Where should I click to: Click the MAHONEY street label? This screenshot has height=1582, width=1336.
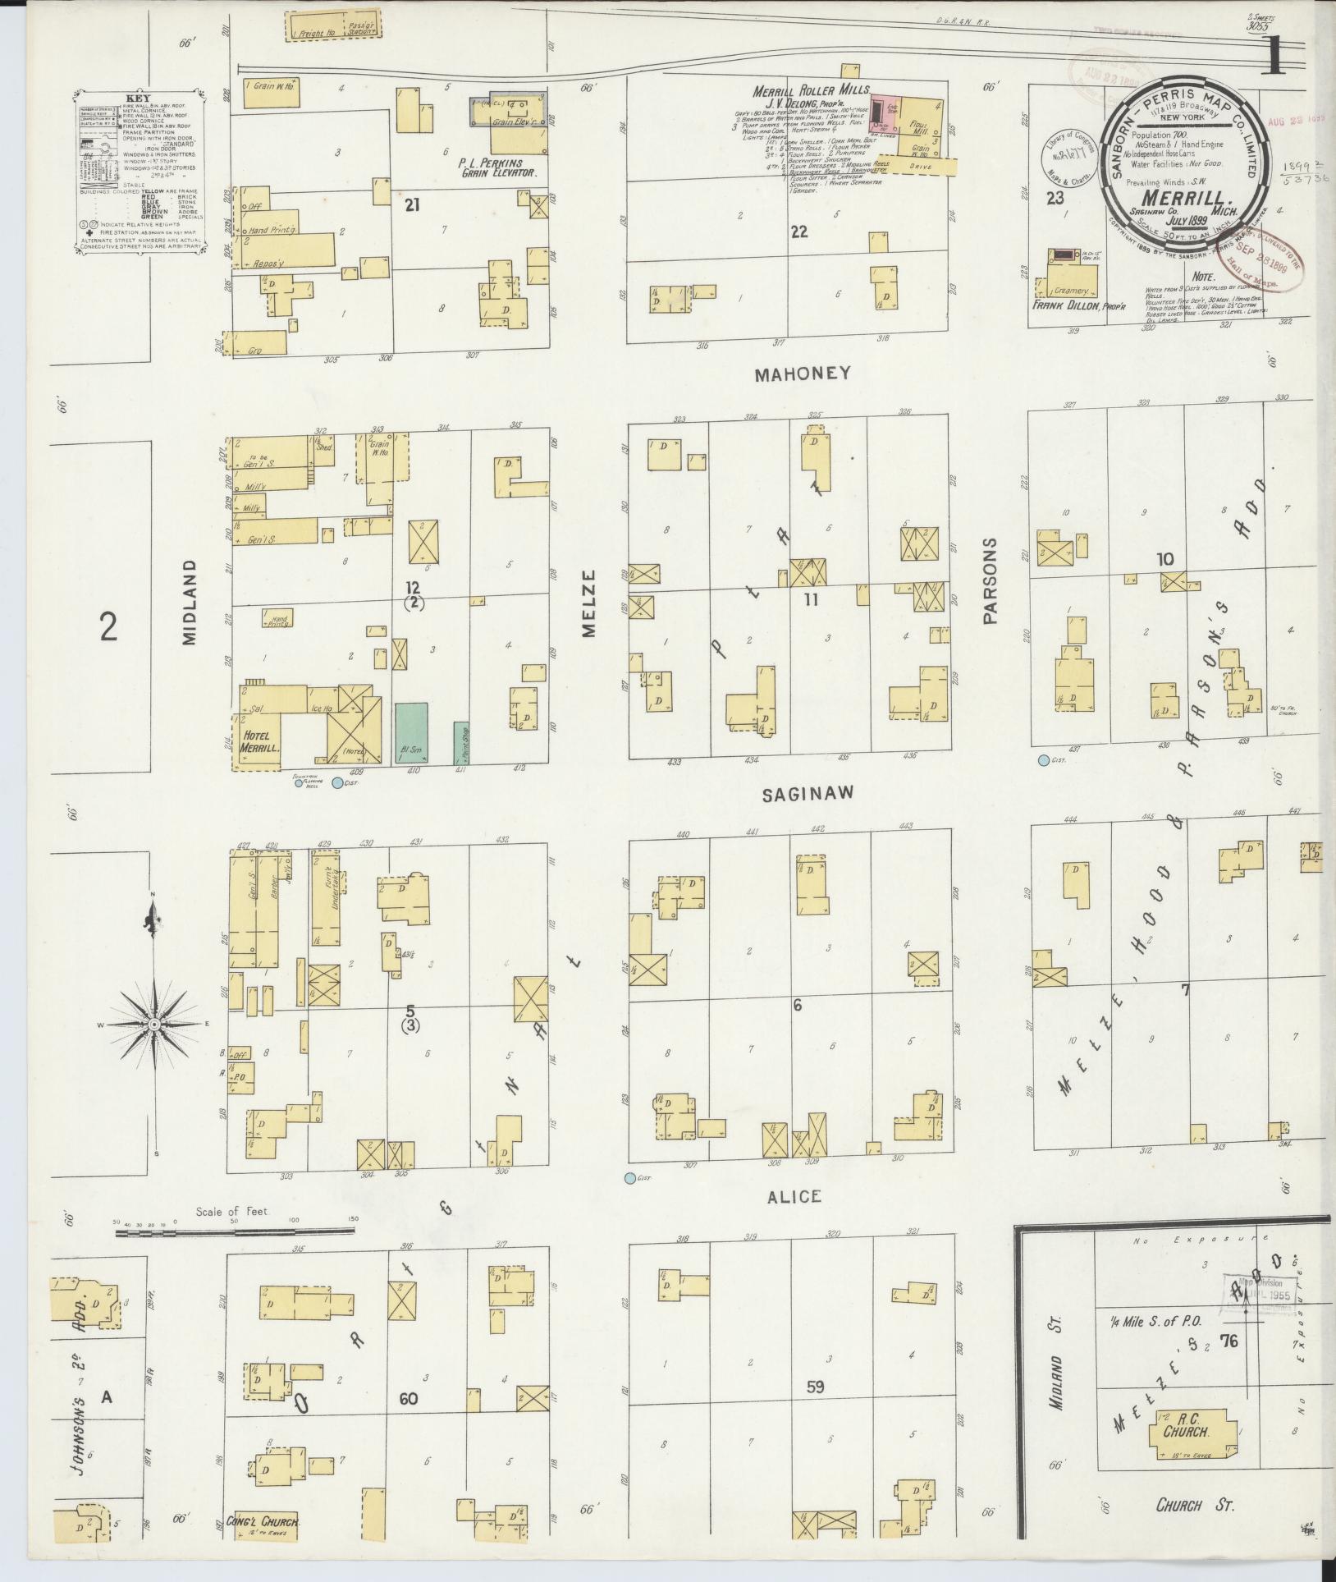(x=802, y=374)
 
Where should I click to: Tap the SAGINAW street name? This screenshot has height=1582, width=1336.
(x=808, y=793)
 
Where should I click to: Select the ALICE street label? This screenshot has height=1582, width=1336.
(x=794, y=1196)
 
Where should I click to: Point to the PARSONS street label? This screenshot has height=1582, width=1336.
(x=990, y=581)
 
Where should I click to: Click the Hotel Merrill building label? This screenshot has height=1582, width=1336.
(x=260, y=742)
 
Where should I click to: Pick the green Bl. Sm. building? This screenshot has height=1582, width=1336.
(x=410, y=733)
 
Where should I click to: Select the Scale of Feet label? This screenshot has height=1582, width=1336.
(x=232, y=1211)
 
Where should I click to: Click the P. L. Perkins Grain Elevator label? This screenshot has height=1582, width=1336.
(x=497, y=168)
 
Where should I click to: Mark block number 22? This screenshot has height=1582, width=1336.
(x=798, y=232)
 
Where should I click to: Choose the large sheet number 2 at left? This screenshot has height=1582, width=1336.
(x=108, y=628)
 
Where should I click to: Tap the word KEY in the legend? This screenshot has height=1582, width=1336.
(x=136, y=96)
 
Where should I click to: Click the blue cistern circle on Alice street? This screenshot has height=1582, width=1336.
(x=629, y=1178)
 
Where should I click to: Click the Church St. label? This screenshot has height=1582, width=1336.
(x=1195, y=1505)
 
